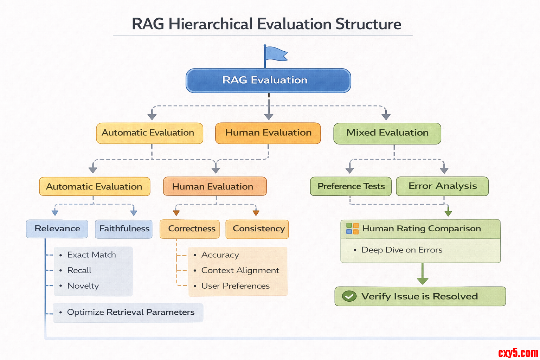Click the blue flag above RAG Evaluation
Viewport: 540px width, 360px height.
point(275,54)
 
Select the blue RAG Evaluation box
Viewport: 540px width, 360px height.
point(268,81)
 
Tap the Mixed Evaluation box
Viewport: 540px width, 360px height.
point(387,133)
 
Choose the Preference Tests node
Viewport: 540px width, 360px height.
point(351,186)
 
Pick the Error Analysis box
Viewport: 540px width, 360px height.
point(442,186)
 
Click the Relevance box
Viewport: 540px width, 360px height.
point(57,229)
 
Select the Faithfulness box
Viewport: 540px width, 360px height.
point(124,229)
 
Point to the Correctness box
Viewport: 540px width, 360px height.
point(190,229)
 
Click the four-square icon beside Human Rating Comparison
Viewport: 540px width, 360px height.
point(352,229)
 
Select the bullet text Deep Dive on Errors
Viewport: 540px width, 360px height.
point(401,250)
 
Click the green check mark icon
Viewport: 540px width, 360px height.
point(349,296)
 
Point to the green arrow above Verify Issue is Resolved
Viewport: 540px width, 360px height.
point(423,274)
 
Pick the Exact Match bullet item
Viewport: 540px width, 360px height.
point(91,255)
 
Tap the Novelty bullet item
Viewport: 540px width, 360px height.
point(83,286)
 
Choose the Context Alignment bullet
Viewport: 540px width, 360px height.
point(240,270)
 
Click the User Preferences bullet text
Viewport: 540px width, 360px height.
point(235,286)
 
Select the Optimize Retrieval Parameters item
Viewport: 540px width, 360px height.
point(130,312)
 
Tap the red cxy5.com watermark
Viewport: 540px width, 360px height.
point(518,353)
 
